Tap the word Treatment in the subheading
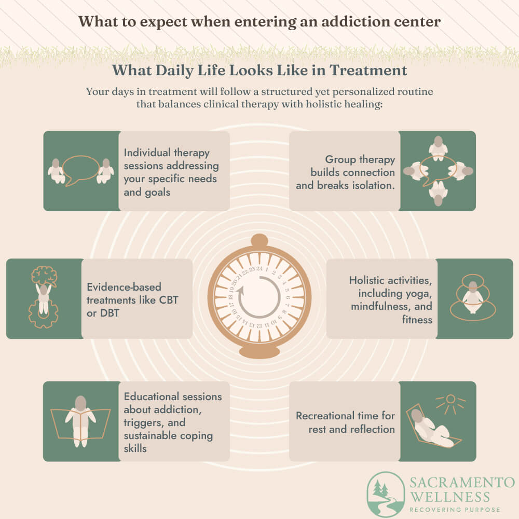(x=368, y=70)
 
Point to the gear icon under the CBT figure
(x=44, y=315)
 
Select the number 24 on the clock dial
(x=259, y=268)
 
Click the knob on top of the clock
(x=259, y=241)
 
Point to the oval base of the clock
(x=259, y=352)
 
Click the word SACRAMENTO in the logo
(x=462, y=483)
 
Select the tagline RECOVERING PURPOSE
(x=455, y=510)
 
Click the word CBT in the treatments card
(x=169, y=300)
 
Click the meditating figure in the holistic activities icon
(x=473, y=297)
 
